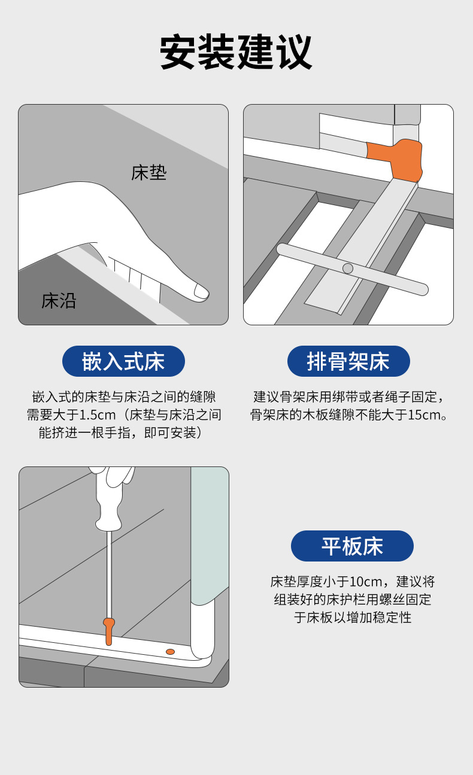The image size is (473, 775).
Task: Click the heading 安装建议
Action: pos(236,52)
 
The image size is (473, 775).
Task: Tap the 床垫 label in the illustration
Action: pos(148,173)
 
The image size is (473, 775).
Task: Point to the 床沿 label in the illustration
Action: pos(59,301)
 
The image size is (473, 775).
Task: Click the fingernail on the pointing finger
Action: pos(201,291)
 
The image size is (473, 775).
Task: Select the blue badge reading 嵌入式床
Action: pos(123,361)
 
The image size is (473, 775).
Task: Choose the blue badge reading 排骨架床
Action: pos(348,361)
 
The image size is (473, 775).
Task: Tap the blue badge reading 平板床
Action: pos(352,546)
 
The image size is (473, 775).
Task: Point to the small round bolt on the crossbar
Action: pos(347,268)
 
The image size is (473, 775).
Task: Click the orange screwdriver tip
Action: pos(109,631)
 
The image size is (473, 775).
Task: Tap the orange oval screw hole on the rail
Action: pos(170,652)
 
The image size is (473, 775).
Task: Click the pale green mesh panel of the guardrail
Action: pos(210,535)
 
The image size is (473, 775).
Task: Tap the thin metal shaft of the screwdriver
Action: pos(109,574)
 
